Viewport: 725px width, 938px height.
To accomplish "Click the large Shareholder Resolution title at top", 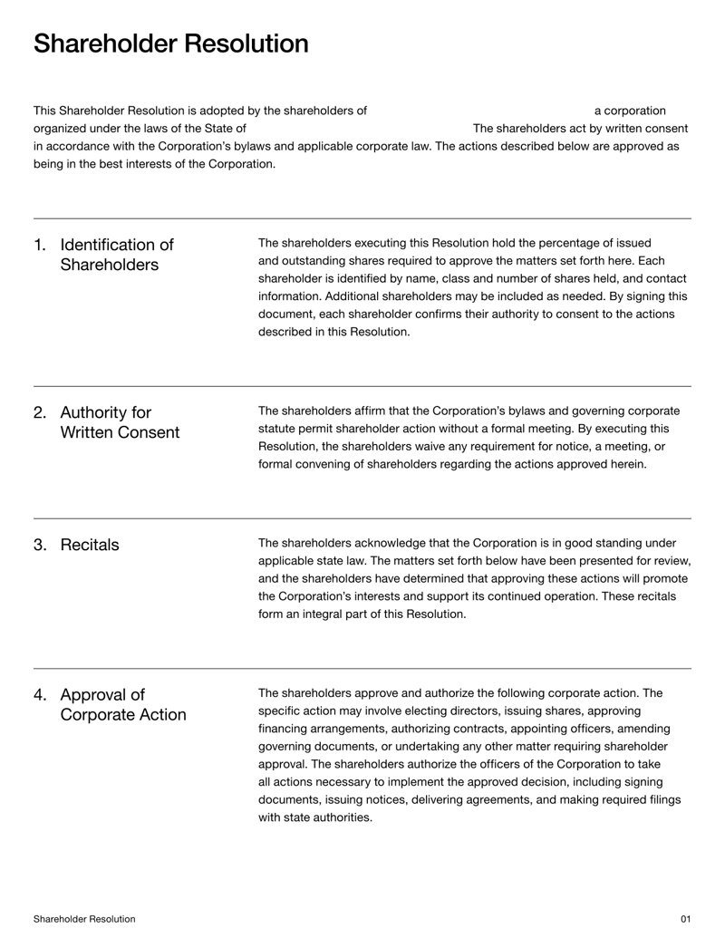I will tap(170, 44).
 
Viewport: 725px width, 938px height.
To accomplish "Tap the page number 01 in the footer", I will tap(685, 919).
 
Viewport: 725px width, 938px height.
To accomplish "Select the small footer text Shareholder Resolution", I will tap(84, 919).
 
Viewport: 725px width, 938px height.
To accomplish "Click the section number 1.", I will tap(40, 246).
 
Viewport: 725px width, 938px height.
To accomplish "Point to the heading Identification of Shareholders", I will tap(116, 255).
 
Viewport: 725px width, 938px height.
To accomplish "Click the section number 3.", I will tap(40, 545).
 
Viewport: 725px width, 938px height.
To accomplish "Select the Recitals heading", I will tap(89, 545).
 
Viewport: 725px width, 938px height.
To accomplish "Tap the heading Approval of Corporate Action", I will tap(122, 705).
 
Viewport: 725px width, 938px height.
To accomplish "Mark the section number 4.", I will tap(40, 696).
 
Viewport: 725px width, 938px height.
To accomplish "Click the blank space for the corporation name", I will tap(479, 111).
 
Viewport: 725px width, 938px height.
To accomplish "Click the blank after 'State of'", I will tap(358, 129).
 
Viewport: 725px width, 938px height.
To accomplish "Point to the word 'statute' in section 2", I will tap(278, 429).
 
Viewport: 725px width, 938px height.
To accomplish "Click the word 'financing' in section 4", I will tap(285, 729).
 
